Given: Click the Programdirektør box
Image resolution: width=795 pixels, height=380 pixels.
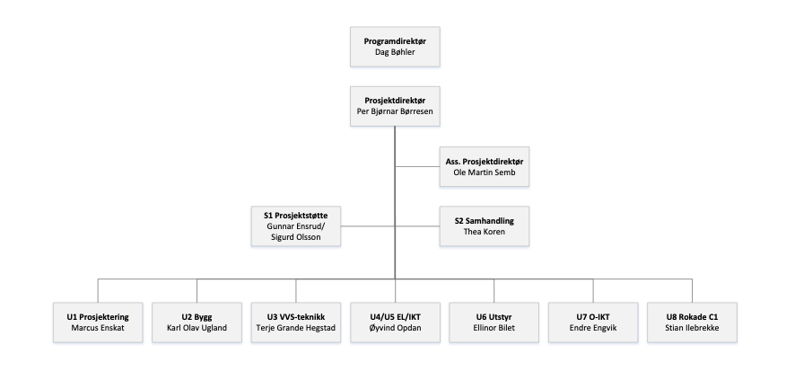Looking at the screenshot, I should pyautogui.click(x=395, y=47).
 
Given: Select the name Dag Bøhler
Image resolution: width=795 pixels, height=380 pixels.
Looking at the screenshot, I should pyautogui.click(x=395, y=53).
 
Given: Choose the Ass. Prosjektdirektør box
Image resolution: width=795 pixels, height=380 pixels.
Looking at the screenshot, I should pyautogui.click(x=485, y=166).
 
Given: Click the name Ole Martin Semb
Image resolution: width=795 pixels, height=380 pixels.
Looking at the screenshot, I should pyautogui.click(x=485, y=172).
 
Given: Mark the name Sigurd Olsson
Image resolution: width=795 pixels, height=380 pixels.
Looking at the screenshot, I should pyautogui.click(x=296, y=238).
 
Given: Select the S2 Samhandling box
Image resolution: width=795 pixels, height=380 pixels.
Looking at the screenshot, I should pyautogui.click(x=485, y=225).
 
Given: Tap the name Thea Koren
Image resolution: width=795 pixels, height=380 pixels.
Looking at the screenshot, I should pyautogui.click(x=485, y=231).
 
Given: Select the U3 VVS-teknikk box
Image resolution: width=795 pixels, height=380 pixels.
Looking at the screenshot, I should pyautogui.click(x=296, y=323).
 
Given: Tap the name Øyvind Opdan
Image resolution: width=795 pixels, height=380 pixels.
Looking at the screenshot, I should pyautogui.click(x=395, y=328).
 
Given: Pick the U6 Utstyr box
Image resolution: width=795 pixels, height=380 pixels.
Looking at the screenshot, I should pyautogui.click(x=494, y=323).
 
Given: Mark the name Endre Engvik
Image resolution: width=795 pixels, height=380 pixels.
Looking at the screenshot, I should pyautogui.click(x=593, y=328).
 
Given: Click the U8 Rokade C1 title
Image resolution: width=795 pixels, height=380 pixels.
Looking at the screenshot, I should pyautogui.click(x=692, y=316).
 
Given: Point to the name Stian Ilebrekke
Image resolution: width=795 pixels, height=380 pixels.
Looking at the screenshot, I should pyautogui.click(x=692, y=328).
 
